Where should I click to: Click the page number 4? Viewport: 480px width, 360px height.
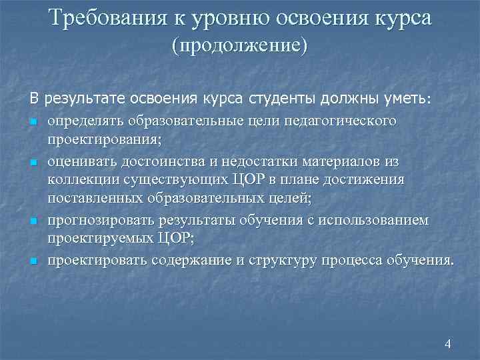pos(447,343)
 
